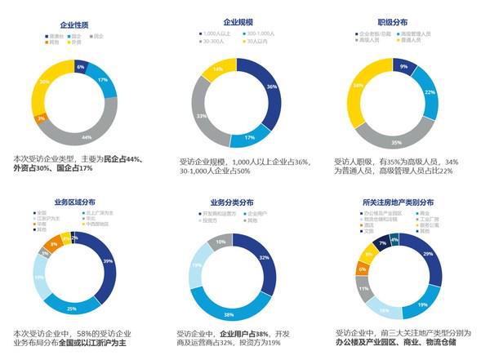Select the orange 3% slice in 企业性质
tap(41, 119)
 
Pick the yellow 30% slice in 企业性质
tap(45, 82)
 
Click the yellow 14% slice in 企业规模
tap(216, 70)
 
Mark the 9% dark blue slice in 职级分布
tap(404, 66)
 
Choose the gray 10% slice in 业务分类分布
tap(220, 242)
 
